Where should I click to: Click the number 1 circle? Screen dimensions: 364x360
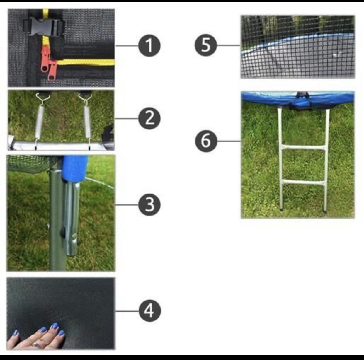149,45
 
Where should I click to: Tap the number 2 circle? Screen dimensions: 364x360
149,118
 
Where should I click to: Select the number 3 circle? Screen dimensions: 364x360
149,205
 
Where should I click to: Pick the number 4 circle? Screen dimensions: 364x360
149,311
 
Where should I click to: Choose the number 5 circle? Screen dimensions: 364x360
206,45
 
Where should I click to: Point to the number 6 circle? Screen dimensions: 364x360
206,141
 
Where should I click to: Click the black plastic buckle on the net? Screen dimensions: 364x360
44,27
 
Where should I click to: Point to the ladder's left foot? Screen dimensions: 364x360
281,209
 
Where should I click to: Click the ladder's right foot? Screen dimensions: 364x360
325,211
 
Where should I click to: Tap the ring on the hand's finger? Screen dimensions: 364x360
36,345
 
